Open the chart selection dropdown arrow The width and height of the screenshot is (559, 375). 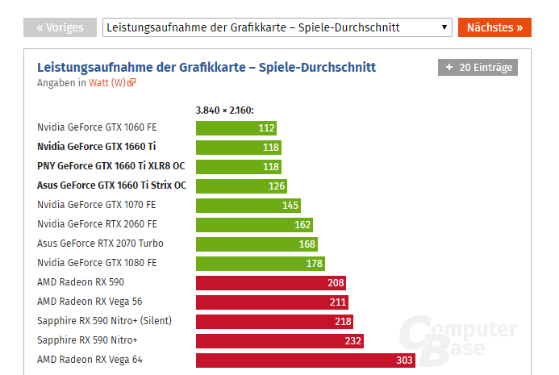444,27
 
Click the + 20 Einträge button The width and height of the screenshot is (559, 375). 478,68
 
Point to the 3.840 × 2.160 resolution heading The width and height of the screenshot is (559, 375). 231,110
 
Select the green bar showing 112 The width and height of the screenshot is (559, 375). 236,127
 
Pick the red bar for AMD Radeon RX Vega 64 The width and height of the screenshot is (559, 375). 305,360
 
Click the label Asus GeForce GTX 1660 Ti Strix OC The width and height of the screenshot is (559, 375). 111,185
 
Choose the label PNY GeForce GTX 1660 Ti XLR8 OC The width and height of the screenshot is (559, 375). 111,166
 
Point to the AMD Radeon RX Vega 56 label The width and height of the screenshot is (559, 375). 90,302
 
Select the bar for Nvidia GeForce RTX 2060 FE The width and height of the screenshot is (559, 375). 254,224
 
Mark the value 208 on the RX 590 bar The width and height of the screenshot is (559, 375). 336,282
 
